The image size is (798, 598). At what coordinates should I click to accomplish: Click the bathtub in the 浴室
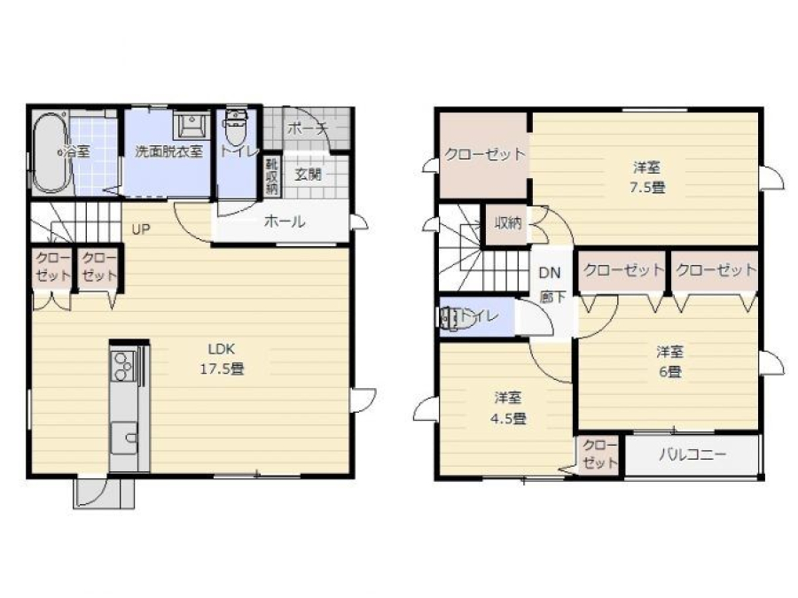(x=51, y=152)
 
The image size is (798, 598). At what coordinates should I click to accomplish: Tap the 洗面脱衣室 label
(x=169, y=151)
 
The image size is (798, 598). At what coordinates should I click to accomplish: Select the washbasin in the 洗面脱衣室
(x=192, y=125)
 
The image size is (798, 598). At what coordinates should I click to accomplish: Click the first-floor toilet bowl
(x=236, y=128)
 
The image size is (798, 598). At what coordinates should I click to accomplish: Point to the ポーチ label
(x=307, y=128)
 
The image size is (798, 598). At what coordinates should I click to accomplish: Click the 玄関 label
(x=309, y=174)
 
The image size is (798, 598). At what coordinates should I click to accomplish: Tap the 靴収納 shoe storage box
(x=271, y=176)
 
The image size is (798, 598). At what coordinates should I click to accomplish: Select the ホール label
(x=285, y=221)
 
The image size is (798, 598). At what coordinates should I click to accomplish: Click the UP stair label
(x=141, y=229)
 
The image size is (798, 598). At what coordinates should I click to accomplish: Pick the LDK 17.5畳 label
(x=222, y=359)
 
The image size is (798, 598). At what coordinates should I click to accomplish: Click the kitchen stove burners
(x=123, y=366)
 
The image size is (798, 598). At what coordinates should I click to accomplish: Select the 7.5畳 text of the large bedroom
(x=647, y=188)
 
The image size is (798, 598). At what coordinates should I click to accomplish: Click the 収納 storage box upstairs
(x=507, y=222)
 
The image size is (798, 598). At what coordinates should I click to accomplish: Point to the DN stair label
(x=550, y=273)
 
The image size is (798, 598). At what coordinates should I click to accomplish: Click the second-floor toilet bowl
(x=457, y=317)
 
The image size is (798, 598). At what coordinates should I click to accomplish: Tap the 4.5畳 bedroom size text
(x=508, y=419)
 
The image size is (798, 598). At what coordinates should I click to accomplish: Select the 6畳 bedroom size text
(x=670, y=372)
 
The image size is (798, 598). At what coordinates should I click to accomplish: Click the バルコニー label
(x=692, y=454)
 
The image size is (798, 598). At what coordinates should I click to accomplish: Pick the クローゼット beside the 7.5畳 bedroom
(x=483, y=154)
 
